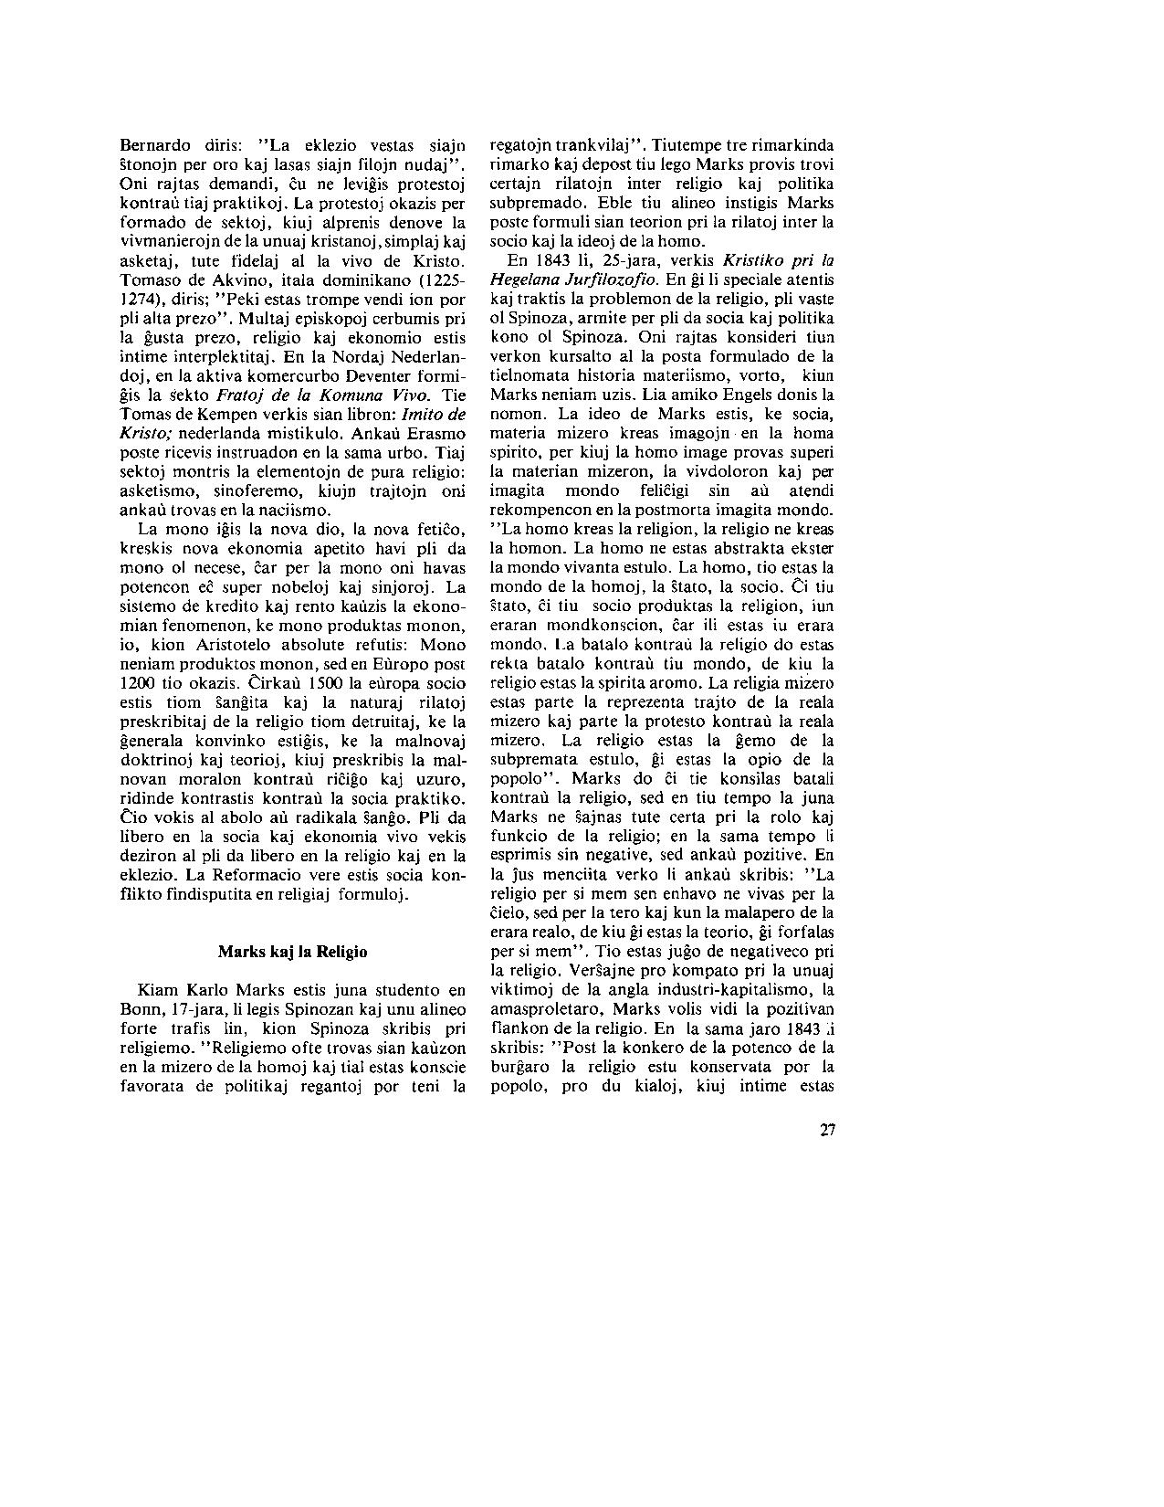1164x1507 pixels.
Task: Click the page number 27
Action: [827, 1130]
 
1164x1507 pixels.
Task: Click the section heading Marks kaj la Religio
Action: [292, 951]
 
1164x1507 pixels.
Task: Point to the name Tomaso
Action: [149, 279]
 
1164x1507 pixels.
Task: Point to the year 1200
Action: [138, 682]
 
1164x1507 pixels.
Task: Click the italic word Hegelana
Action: [524, 279]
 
